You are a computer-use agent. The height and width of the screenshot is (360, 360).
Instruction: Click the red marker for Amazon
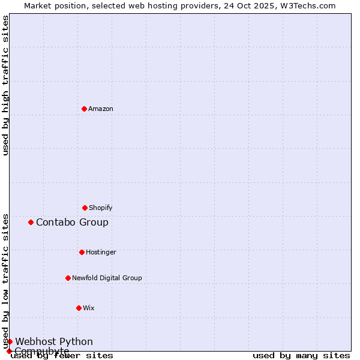point(84,109)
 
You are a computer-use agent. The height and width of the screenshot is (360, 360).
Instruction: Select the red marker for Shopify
point(85,208)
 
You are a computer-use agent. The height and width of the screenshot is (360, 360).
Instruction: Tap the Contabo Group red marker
point(31,222)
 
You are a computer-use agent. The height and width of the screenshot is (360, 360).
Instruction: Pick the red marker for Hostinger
point(82,252)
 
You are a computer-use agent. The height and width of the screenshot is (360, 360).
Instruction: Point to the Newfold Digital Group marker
point(68,278)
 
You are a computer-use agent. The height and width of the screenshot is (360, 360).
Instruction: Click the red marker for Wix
point(79,308)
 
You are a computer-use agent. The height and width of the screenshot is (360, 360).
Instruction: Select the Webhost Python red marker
point(10,341)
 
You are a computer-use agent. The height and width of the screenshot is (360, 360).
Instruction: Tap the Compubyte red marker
point(9,351)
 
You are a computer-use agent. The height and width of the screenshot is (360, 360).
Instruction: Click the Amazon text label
point(101,109)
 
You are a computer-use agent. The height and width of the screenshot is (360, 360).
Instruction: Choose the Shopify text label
point(101,208)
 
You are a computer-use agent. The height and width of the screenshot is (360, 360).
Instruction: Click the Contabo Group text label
point(72,222)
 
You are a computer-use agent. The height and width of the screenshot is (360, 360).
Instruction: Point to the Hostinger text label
point(101,252)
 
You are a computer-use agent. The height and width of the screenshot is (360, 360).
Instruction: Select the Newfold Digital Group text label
point(107,278)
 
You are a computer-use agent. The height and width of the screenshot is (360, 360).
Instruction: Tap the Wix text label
point(89,308)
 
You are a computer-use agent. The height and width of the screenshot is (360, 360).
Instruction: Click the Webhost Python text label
point(54,341)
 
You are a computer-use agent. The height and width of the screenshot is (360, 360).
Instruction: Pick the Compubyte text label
point(42,351)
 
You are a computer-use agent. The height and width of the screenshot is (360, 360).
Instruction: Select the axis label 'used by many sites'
point(301,355)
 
